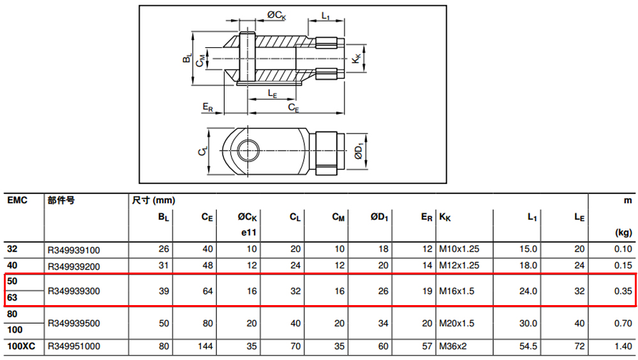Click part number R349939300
pyautogui.click(x=73, y=291)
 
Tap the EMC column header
pyautogui.click(x=17, y=200)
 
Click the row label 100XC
pyautogui.click(x=21, y=346)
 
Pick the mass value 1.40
pyautogui.click(x=623, y=346)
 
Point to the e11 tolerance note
pyautogui.click(x=249, y=232)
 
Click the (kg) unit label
pyautogui.click(x=623, y=232)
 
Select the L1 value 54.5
pyautogui.click(x=528, y=346)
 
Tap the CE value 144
pyautogui.click(x=205, y=346)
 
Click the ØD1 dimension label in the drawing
pyautogui.click(x=359, y=151)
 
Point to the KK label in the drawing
pyautogui.click(x=356, y=59)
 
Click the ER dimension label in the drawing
pyautogui.click(x=207, y=107)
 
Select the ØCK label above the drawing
pyautogui.click(x=276, y=15)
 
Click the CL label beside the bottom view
pyautogui.click(x=203, y=151)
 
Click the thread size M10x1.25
pyautogui.click(x=459, y=249)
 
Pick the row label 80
pyautogui.click(x=12, y=314)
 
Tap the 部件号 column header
pyautogui.click(x=61, y=200)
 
